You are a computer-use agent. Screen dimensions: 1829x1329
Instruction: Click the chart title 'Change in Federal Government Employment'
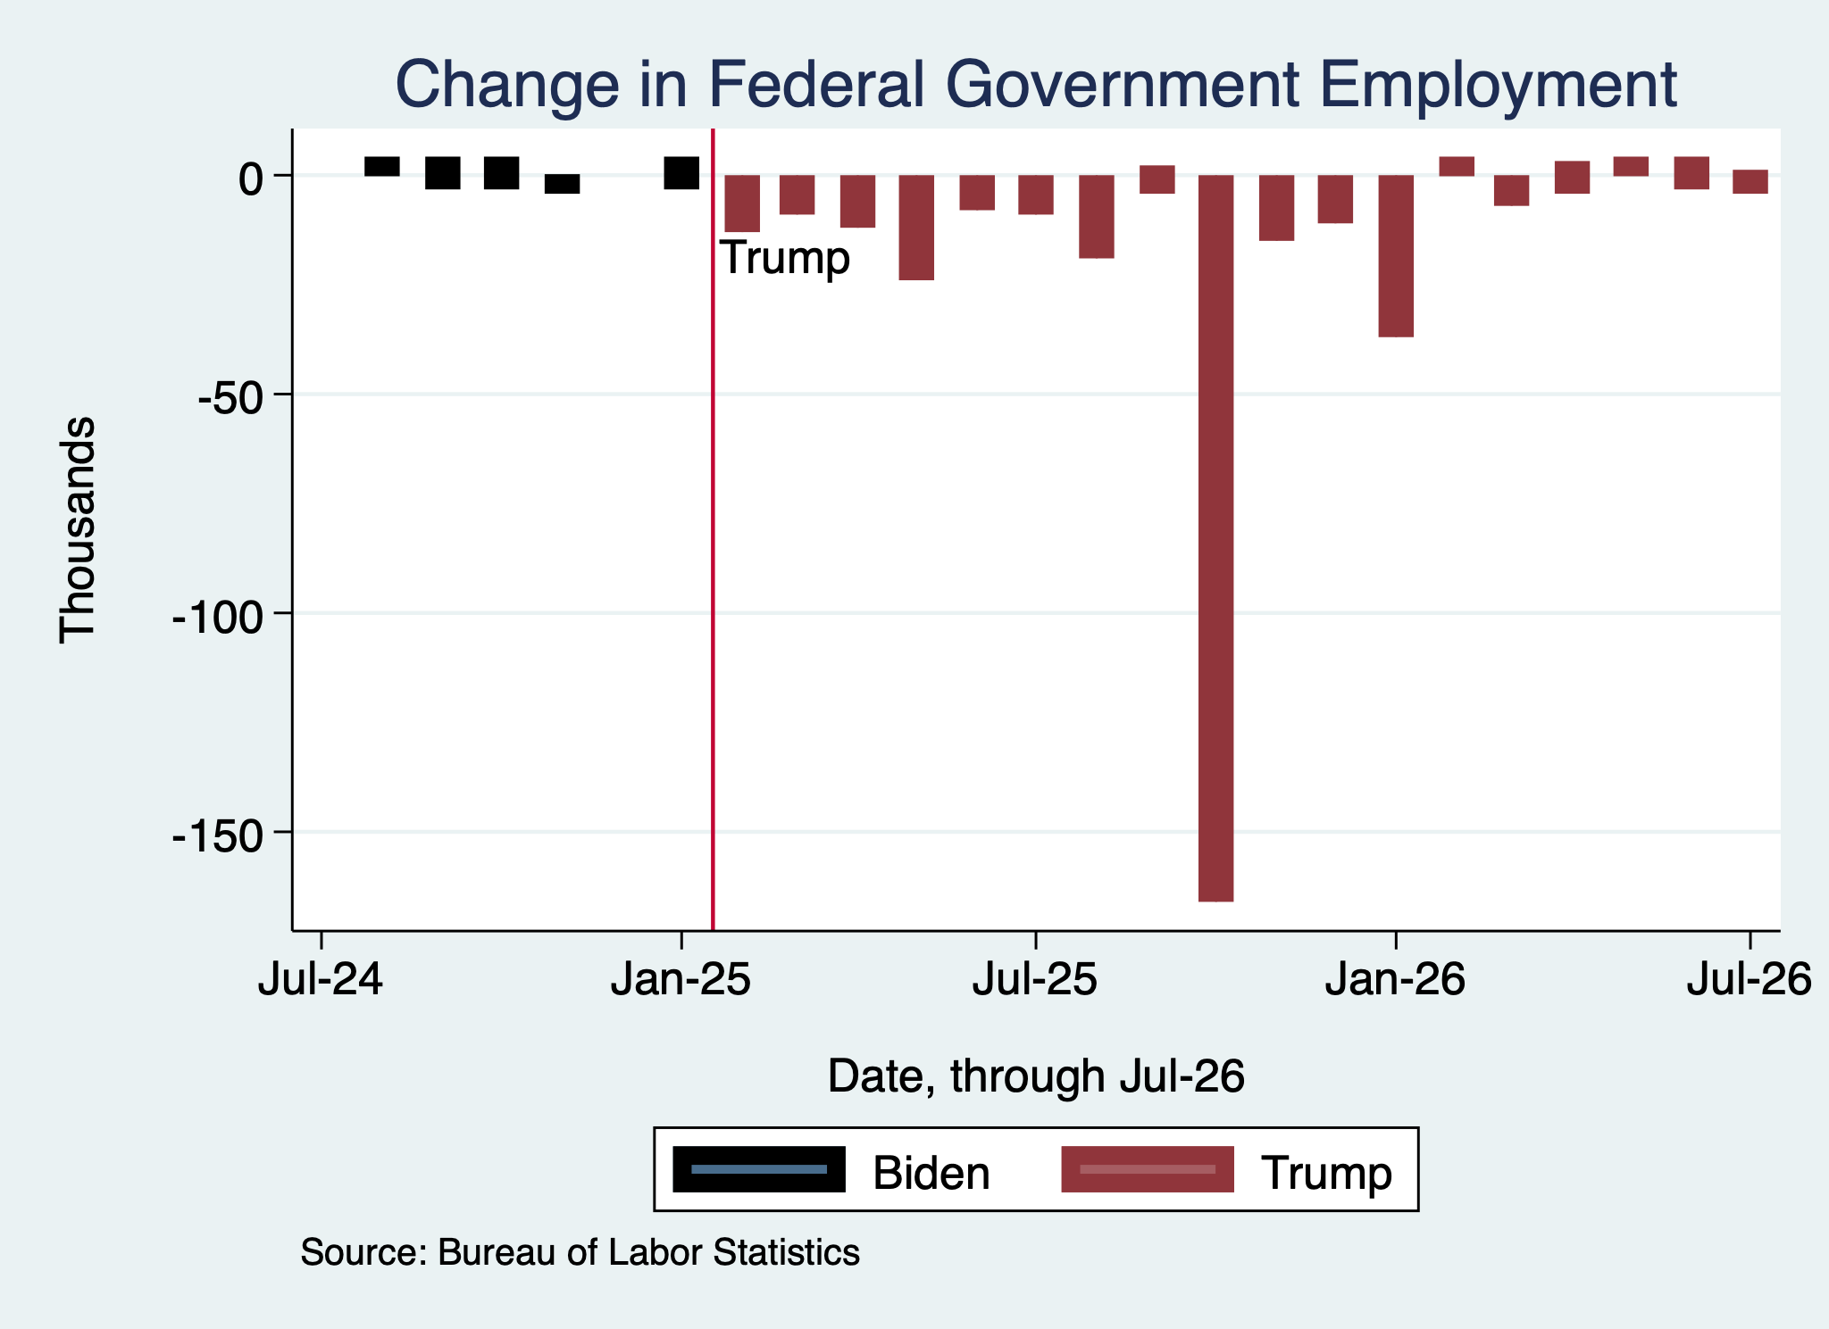[1036, 85]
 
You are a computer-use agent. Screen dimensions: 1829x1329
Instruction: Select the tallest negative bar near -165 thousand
[1215, 538]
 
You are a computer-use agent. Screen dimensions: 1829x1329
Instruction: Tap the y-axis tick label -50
[230, 395]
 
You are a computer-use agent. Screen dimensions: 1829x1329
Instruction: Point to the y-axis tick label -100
[218, 615]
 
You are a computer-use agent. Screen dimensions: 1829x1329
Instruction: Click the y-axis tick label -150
[218, 834]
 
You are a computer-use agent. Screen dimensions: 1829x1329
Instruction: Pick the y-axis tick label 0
[251, 177]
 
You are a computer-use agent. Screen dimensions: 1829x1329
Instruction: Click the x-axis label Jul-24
[321, 979]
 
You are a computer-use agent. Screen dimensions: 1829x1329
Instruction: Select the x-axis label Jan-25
[681, 979]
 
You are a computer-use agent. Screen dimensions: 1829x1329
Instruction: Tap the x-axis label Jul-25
[1035, 979]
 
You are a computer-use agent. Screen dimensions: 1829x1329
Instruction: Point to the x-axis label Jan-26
[1395, 979]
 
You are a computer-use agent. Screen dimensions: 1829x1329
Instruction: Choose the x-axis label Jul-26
[1749, 979]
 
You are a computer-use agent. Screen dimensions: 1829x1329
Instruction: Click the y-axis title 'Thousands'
[78, 529]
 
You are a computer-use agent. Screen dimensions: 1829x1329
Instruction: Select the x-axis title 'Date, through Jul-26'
[1036, 1076]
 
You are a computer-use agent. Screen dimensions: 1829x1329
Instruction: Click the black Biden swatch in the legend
[758, 1169]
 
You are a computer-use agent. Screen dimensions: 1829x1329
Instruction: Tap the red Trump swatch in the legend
[1148, 1169]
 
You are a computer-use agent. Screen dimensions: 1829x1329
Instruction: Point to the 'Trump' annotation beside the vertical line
[785, 258]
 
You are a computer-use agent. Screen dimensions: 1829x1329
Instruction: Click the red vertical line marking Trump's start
[713, 529]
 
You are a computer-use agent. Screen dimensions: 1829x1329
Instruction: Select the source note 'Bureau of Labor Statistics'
[648, 1252]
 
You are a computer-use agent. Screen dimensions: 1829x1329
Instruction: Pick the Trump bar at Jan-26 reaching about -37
[1396, 256]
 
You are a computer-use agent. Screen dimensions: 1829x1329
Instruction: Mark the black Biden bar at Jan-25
[681, 173]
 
